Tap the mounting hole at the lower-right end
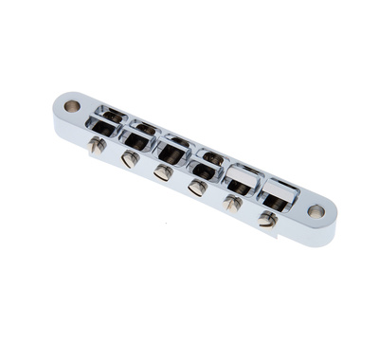[316, 210]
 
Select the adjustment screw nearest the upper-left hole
[96, 146]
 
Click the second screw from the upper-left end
[129, 159]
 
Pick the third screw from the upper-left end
[163, 173]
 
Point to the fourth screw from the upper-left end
[197, 188]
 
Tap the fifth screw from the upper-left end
[232, 204]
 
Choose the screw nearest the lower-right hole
[267, 220]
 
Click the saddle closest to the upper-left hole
[107, 121]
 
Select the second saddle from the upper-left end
[139, 135]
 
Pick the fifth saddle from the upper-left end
[242, 178]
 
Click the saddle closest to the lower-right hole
[279, 194]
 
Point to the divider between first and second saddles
[124, 128]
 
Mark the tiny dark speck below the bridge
[165, 224]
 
